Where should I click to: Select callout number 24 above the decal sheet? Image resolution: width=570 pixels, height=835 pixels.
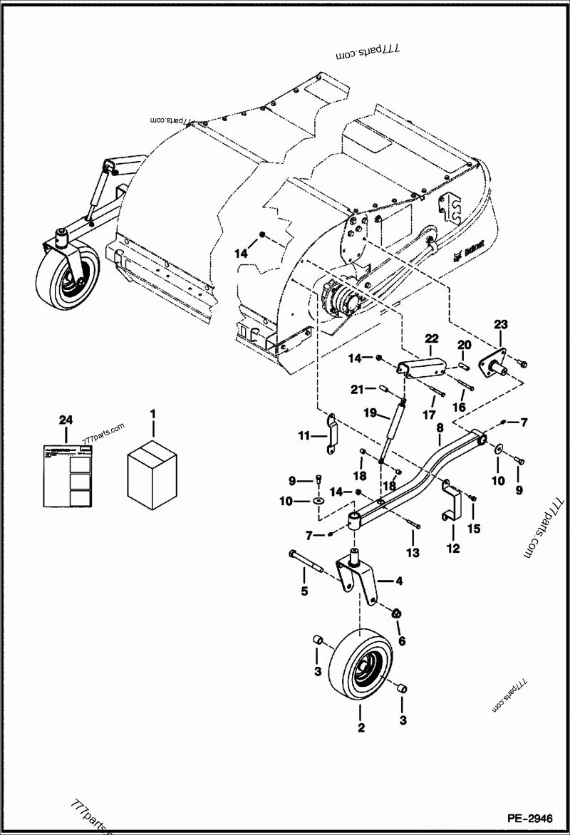pyautogui.click(x=66, y=420)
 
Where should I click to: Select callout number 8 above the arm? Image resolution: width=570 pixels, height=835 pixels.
pyautogui.click(x=440, y=429)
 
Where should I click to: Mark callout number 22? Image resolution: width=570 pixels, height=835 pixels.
pyautogui.click(x=432, y=338)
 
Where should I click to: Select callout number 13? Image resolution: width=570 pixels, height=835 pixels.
pyautogui.click(x=413, y=553)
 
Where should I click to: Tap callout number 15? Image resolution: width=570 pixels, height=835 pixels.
pyautogui.click(x=474, y=529)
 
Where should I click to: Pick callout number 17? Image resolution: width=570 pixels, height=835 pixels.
pyautogui.click(x=430, y=415)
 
